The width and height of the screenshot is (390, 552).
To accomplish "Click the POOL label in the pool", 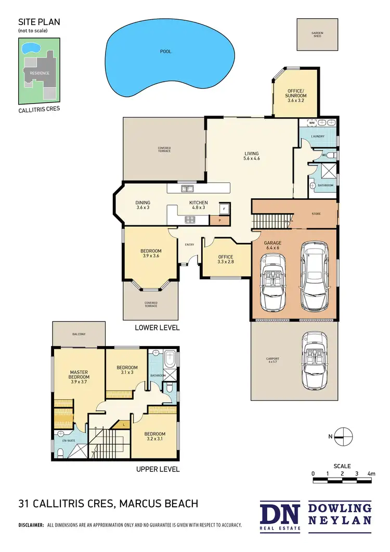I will click(166, 52).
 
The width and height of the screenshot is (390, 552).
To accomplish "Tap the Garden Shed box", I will click(317, 35).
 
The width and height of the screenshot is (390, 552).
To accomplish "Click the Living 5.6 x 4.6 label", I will click(252, 156).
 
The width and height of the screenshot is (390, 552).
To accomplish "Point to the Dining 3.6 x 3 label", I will click(143, 205).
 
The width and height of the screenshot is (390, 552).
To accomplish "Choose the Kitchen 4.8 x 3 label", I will click(199, 205).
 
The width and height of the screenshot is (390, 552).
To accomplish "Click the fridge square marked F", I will click(224, 208).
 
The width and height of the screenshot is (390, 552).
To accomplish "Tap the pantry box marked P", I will click(219, 221).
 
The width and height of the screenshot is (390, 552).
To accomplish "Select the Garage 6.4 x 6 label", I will click(273, 245).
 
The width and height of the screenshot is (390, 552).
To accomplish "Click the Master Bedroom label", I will click(80, 377).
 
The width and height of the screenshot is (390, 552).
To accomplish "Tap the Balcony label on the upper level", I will click(79, 334).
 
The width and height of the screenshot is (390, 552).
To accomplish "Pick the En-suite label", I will click(69, 440).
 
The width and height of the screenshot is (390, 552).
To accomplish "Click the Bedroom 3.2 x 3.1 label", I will click(155, 437).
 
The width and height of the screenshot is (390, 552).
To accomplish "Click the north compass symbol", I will click(344, 437).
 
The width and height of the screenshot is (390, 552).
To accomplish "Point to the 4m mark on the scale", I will click(371, 474).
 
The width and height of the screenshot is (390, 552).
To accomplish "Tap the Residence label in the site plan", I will click(40, 73).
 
